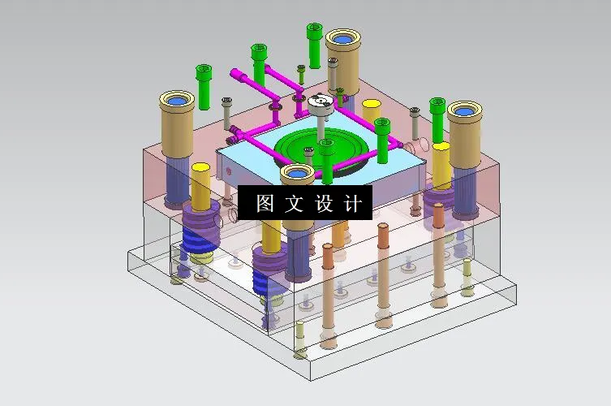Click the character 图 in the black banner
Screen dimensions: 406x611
click(265, 204)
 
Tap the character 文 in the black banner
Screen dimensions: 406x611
click(294, 204)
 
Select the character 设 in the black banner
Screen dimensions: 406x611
click(324, 204)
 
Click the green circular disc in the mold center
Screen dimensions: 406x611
click(321, 147)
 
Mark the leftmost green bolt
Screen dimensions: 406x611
click(204, 85)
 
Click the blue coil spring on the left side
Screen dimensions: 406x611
click(194, 240)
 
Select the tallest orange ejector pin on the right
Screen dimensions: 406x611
click(438, 252)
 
